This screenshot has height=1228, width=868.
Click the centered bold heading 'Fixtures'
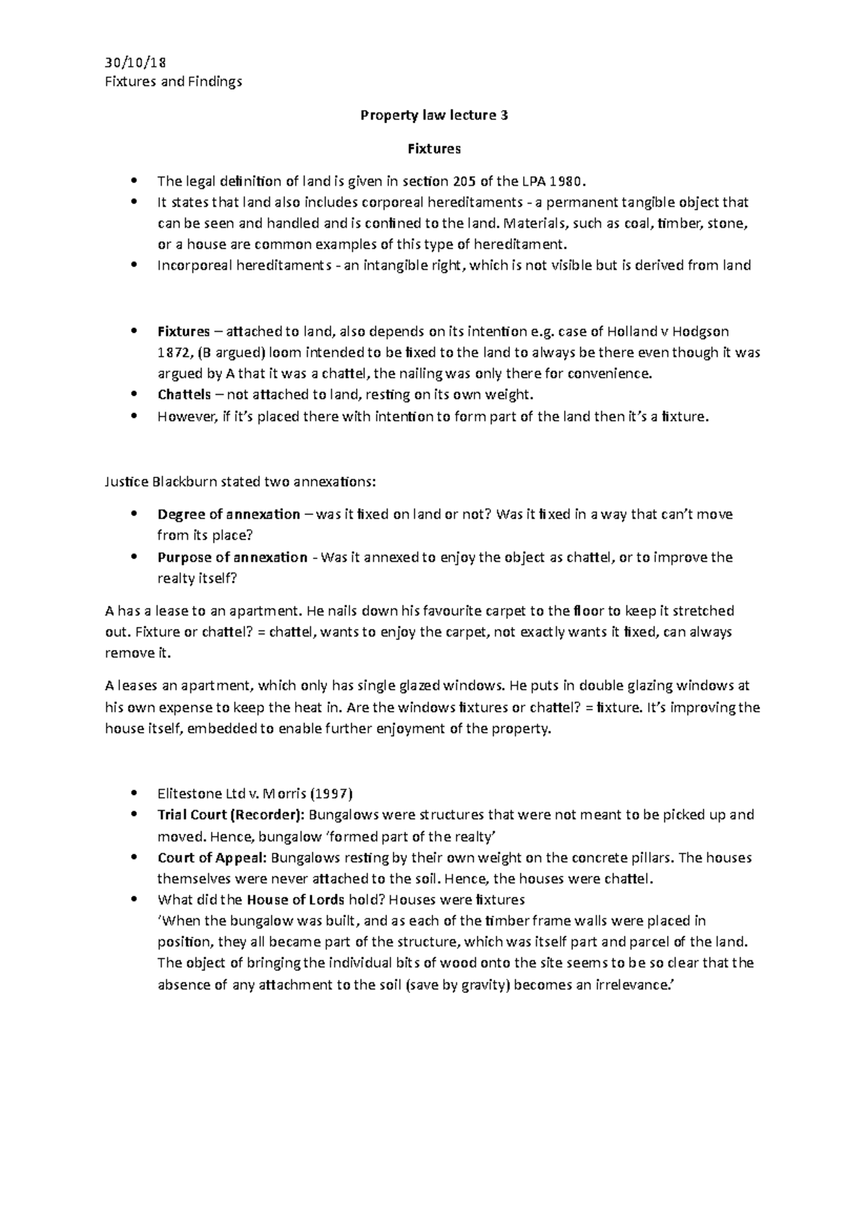(433, 149)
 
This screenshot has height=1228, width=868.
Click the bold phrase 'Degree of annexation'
(228, 515)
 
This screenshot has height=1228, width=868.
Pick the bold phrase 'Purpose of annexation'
(231, 558)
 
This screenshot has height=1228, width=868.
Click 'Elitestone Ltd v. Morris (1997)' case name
(254, 793)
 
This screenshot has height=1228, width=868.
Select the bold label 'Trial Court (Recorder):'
(231, 815)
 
